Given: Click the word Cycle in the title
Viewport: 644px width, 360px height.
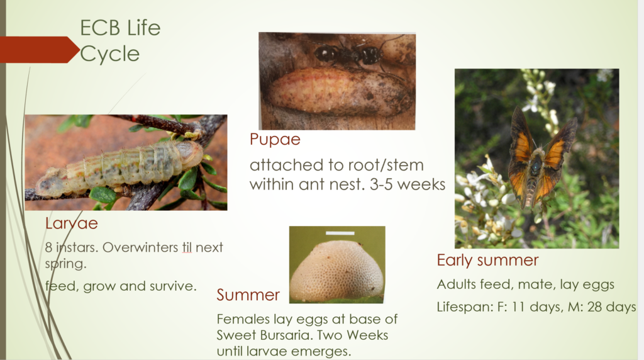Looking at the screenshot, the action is (x=109, y=54).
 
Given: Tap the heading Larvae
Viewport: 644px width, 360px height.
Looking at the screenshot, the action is (x=72, y=223).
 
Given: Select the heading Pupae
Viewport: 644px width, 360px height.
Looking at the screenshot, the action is (x=275, y=140).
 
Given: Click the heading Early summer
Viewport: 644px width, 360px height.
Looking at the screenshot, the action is (x=487, y=260).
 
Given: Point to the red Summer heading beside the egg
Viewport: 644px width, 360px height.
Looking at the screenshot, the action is (x=248, y=295).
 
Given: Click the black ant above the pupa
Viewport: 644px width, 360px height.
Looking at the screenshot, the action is (x=349, y=54).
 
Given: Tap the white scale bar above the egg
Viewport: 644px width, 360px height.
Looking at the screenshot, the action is (x=340, y=233).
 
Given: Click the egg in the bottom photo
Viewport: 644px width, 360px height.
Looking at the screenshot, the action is (x=337, y=271).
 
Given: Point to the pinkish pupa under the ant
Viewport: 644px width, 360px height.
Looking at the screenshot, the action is (x=339, y=92).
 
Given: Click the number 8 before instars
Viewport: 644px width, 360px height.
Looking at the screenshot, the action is (x=48, y=247).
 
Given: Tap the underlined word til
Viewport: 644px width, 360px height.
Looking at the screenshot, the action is (x=187, y=247).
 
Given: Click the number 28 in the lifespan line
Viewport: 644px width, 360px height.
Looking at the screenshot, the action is (x=596, y=307).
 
